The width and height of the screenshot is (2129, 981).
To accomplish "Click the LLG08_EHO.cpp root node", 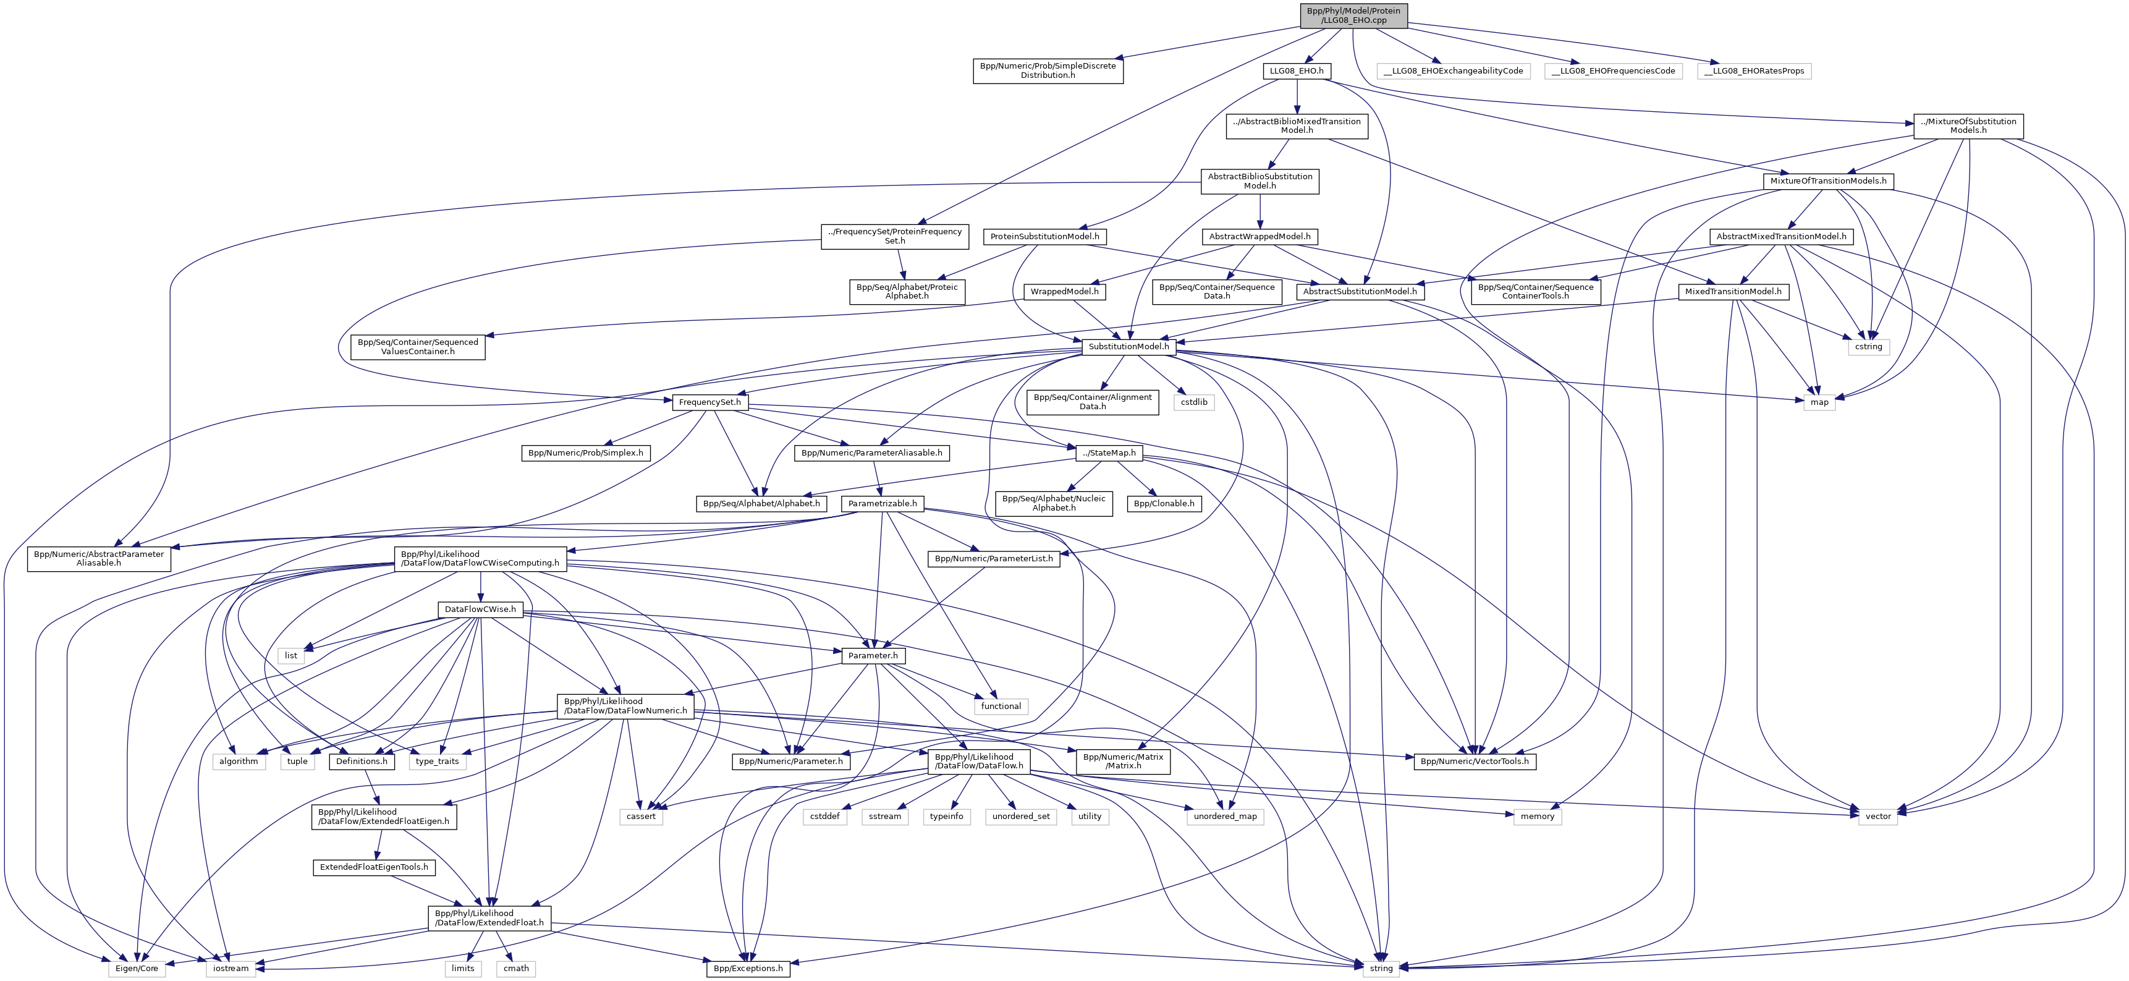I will pos(1353,15).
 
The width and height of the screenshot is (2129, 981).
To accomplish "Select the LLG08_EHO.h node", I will pos(1296,71).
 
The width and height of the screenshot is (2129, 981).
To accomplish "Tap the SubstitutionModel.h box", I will pos(1128,347).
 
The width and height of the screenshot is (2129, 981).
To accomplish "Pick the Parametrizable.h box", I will pos(882,503).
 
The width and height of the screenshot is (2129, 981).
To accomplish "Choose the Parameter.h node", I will pos(873,655).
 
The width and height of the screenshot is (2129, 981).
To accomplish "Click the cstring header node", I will pos(1868,347).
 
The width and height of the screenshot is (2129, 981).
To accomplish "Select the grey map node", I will pos(1819,402).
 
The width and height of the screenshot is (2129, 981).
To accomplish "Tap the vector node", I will pos(1877,816).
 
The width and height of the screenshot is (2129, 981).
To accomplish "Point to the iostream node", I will pos(231,968).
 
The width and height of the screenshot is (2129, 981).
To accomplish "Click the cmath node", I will pos(516,968).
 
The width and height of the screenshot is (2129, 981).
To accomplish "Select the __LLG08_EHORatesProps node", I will pos(1754,71).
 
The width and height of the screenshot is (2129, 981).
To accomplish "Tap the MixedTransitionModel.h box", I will pos(1733,292).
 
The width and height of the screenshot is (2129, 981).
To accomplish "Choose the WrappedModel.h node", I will pos(1064,292).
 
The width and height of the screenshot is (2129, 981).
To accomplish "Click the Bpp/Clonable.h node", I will pos(1164,503).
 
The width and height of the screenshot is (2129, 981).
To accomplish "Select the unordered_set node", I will pos(1021,816).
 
